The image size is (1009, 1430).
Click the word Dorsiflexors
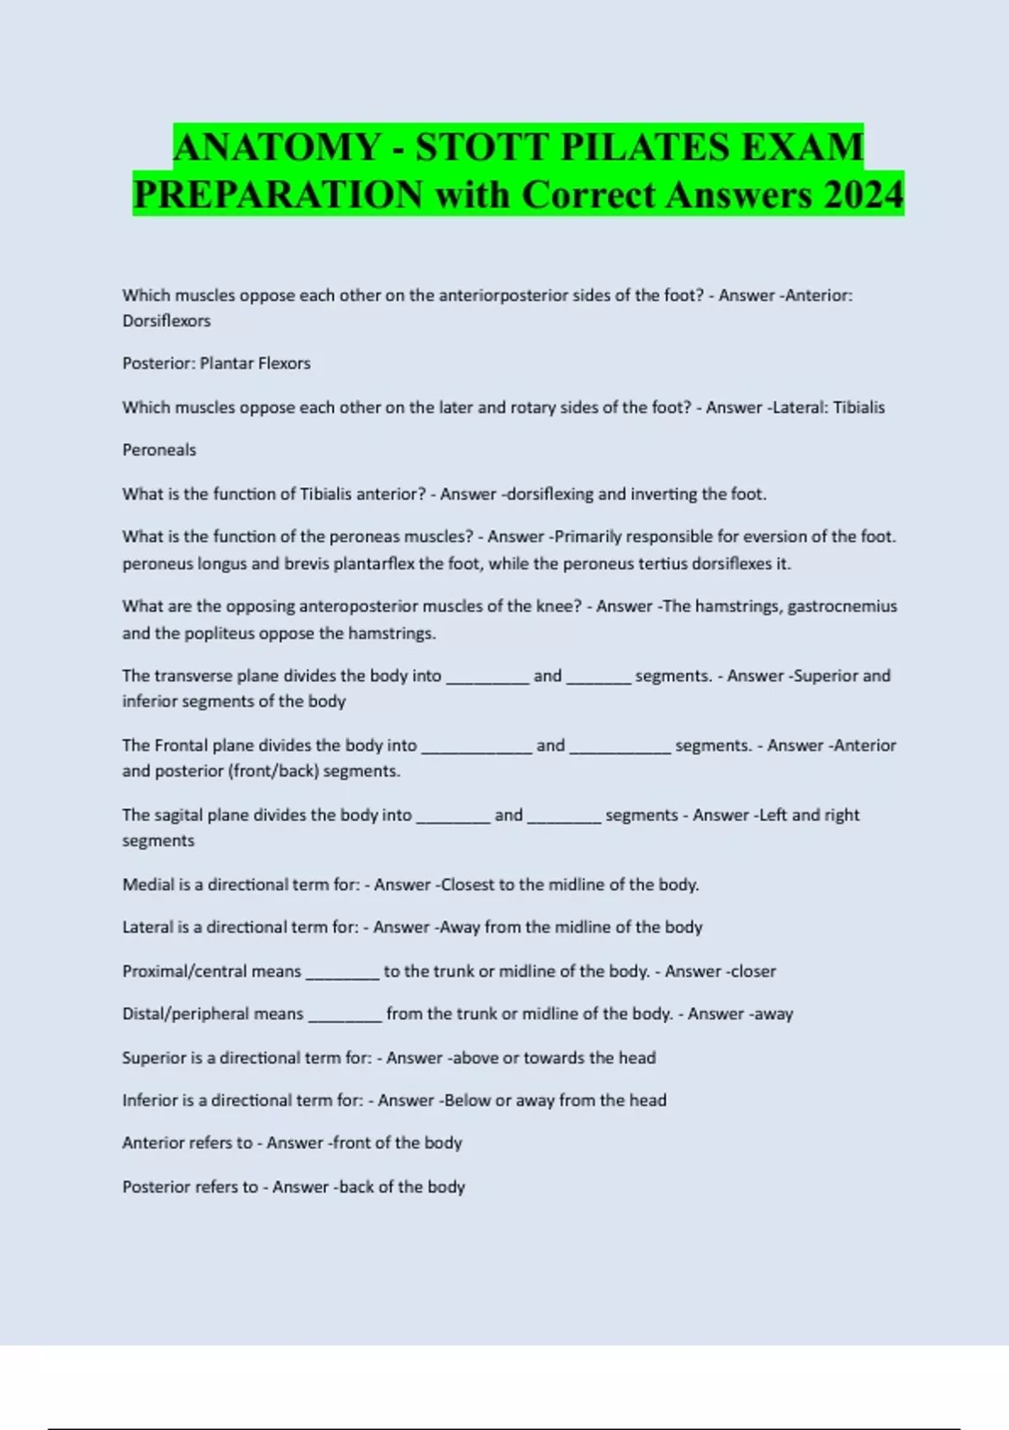(166, 320)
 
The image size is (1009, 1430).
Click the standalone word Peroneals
(159, 450)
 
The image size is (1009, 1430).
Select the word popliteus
(217, 633)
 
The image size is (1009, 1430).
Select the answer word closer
(753, 972)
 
